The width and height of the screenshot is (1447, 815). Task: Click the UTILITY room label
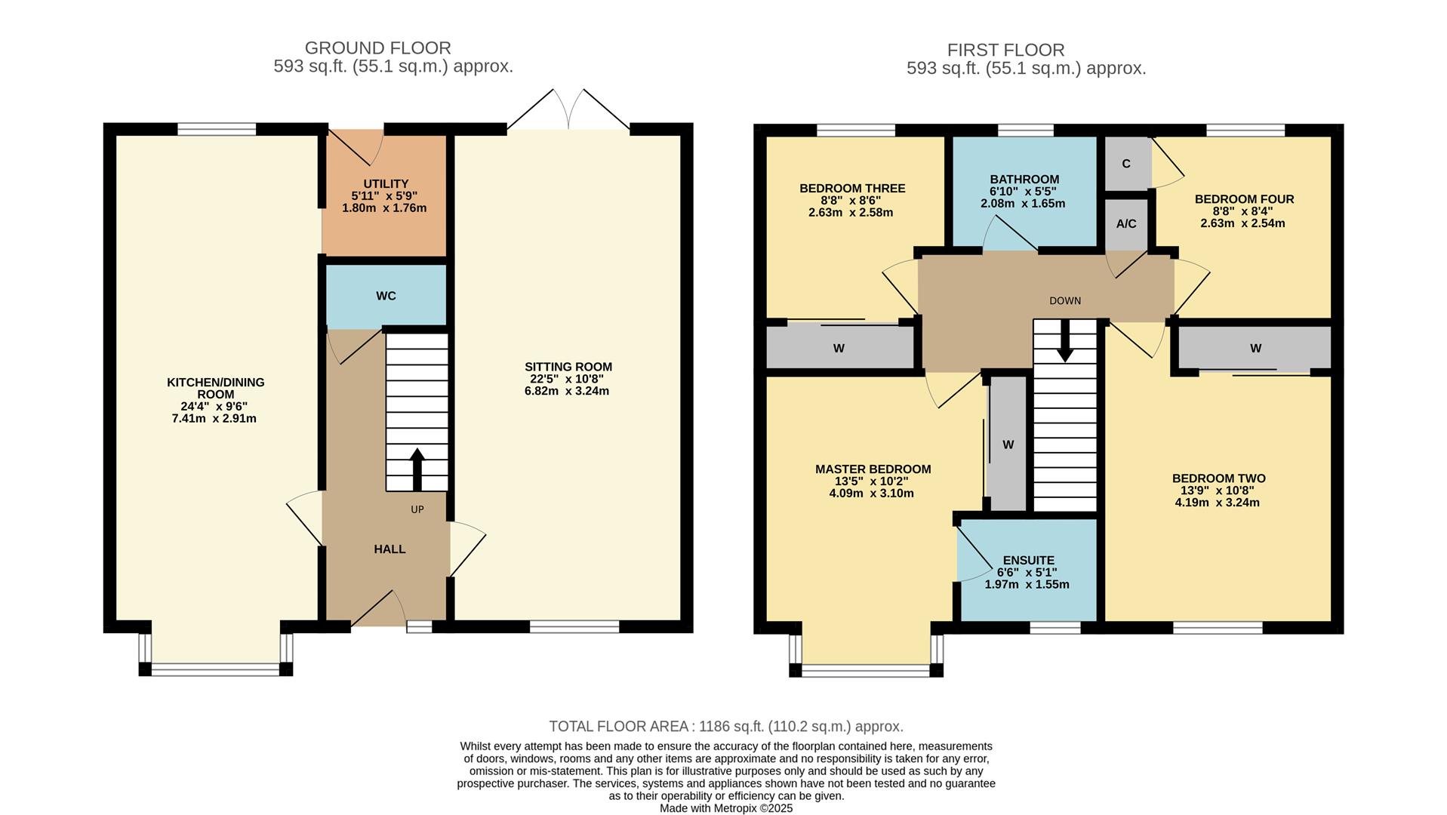pos(386,184)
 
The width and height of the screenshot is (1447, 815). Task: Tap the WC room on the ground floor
pos(386,296)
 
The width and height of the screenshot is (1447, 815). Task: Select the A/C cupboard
pos(1126,224)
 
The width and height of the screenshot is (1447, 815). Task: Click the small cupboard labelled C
pos(1126,164)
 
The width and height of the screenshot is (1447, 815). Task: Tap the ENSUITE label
pos(1028,561)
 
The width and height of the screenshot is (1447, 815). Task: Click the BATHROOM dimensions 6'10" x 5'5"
pos(1024,192)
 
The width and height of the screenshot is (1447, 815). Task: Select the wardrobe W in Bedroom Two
pos(1255,349)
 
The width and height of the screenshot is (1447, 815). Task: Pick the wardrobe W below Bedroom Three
pos(839,349)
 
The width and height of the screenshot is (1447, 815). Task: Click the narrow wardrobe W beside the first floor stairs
pos(1008,445)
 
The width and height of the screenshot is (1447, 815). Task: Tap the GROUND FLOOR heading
pos(377,48)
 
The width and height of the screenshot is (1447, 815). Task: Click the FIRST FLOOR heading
pos(1005,51)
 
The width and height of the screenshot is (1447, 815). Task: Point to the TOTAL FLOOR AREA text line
pos(725,727)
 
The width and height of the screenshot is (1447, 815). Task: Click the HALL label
pos(389,549)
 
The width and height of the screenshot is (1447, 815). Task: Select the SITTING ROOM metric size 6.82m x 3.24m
pos(568,392)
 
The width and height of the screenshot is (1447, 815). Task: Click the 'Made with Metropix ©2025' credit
pos(725,808)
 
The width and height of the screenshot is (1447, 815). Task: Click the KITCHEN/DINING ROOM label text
pos(216,388)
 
